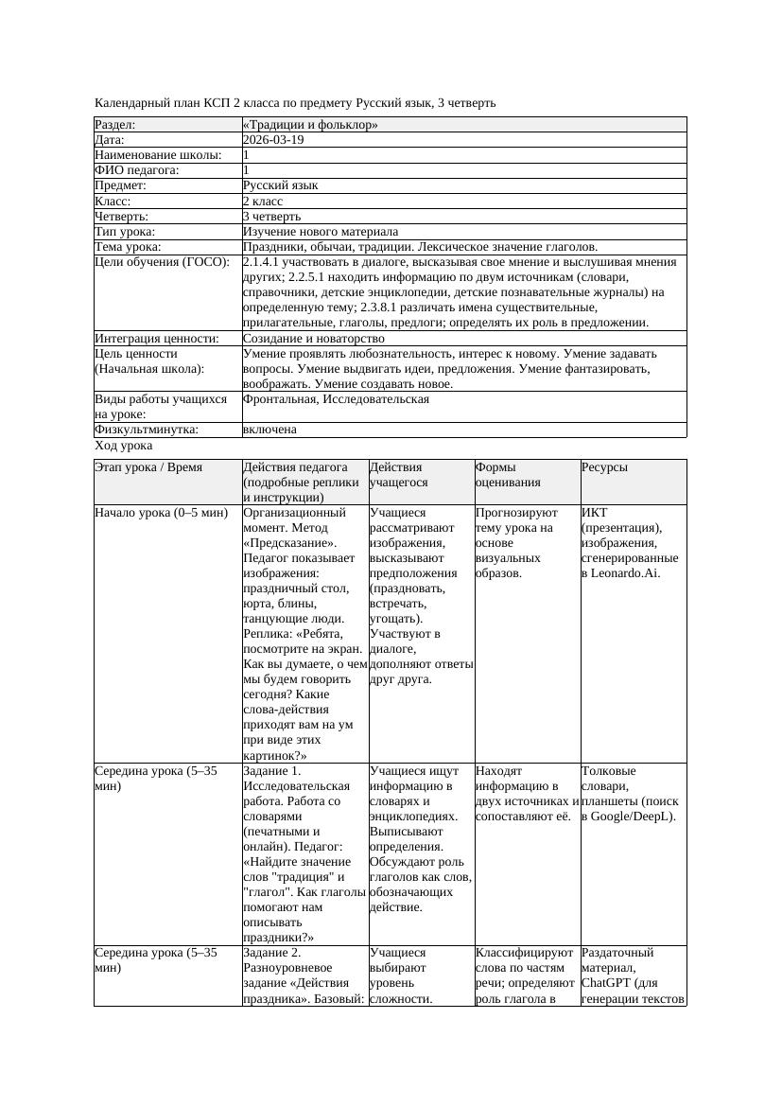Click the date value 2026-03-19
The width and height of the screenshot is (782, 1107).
(x=273, y=140)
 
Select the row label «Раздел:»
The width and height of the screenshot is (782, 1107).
(x=115, y=125)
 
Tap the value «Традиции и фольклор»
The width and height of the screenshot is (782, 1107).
(x=310, y=125)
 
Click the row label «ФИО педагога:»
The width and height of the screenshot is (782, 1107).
(x=137, y=170)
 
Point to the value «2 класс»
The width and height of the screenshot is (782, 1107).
(x=263, y=202)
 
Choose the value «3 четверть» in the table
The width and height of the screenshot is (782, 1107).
(x=271, y=217)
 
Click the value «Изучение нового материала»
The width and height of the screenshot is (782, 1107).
(x=321, y=232)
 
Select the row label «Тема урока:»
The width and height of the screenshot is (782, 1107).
(x=129, y=247)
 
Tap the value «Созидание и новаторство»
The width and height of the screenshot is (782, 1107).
(x=313, y=338)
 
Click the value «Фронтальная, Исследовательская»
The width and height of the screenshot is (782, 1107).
(x=336, y=399)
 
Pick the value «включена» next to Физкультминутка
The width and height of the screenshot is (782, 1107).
(x=269, y=430)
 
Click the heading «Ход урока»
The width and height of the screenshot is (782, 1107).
(x=124, y=446)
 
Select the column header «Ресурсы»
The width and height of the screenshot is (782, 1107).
(x=604, y=467)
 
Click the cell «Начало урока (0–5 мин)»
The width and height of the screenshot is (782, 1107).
(x=161, y=513)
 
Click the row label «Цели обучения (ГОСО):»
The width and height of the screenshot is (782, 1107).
(x=162, y=262)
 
